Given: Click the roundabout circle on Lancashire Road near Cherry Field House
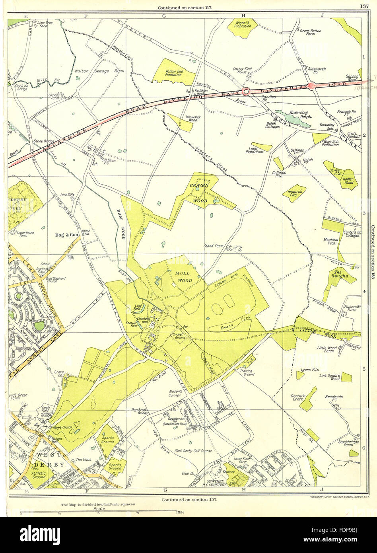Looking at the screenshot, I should (x=246, y=92).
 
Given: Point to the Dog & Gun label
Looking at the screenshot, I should (x=67, y=235).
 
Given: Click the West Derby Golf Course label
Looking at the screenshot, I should (x=193, y=451).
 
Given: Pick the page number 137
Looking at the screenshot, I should (x=364, y=6).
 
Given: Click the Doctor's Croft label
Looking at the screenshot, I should (x=298, y=398).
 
